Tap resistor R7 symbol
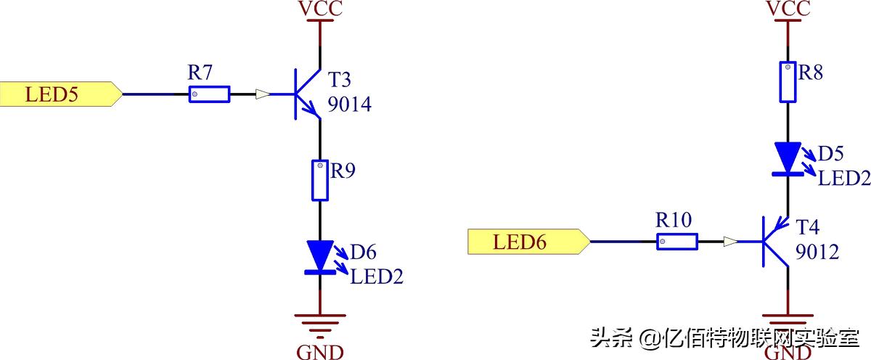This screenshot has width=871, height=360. [x=209, y=94]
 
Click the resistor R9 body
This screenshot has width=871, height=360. [x=319, y=181]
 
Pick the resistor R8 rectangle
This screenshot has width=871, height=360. [x=788, y=82]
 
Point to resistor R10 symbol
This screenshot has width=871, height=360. [x=676, y=242]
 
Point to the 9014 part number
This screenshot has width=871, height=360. [x=349, y=105]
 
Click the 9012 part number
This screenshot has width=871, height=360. [x=817, y=253]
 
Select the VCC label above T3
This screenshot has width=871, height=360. [x=320, y=9]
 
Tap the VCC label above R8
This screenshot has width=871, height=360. [x=788, y=9]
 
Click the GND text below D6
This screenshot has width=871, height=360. [x=320, y=352]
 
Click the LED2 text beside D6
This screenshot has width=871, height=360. [x=377, y=276]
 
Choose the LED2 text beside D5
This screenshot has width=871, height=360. [x=844, y=178]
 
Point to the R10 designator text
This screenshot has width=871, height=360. [x=673, y=220]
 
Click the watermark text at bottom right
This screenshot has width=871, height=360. [x=726, y=337]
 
